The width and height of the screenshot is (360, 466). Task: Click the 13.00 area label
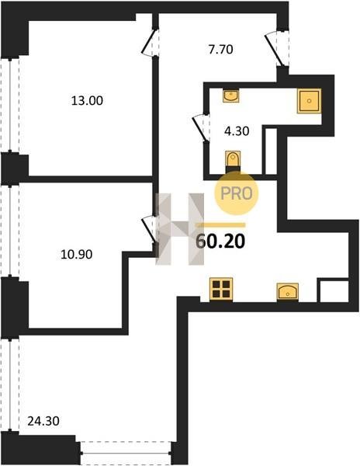87,100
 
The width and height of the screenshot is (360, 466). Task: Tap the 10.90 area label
76,254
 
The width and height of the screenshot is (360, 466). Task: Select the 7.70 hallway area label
220,50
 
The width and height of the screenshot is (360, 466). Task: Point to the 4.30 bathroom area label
237,130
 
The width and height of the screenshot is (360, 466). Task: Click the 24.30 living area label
43,421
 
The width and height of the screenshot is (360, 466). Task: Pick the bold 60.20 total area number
220,241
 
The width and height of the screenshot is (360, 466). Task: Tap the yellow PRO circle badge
237,193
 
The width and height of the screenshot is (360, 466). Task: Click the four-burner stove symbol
221,289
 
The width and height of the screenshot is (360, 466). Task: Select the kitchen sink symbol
288,291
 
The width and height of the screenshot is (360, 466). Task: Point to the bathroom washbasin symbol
231,96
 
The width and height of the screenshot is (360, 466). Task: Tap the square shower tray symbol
309,101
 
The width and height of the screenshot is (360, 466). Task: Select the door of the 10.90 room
150,230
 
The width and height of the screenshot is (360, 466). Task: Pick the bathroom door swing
201,128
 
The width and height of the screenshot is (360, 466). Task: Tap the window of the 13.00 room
10,105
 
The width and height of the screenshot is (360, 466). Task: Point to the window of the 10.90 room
10,231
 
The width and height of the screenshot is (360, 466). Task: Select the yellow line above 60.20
221,225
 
